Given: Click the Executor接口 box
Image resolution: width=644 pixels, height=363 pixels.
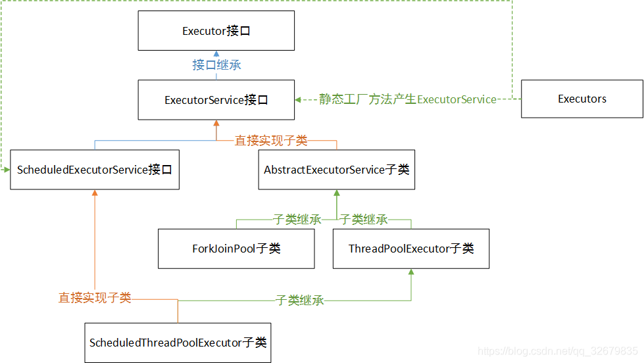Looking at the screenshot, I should point(216,31).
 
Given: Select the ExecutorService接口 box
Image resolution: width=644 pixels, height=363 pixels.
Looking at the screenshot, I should point(216,100).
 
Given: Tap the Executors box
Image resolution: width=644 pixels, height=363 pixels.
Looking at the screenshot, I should point(582,99).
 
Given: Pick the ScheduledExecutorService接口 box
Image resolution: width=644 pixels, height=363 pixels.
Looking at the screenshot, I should point(95,170).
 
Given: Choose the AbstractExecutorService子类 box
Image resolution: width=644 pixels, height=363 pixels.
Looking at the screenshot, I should point(336,170).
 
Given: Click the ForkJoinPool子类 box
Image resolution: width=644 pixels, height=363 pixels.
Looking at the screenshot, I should point(236,249).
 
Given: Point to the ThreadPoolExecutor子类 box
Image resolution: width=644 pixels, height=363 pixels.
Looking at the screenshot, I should point(410,249).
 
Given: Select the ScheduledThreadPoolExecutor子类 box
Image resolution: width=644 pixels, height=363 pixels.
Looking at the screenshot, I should point(178,343).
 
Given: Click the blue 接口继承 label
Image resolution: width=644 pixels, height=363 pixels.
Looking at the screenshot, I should point(216,64).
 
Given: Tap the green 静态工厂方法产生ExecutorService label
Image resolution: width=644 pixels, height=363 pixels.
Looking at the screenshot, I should point(407,99).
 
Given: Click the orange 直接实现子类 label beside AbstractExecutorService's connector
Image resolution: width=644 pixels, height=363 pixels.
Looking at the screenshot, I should point(271,140).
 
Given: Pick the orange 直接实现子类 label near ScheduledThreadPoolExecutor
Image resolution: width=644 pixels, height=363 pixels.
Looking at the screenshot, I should point(95,298).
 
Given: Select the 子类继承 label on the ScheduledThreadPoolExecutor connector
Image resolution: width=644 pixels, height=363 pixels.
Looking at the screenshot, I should point(299,301).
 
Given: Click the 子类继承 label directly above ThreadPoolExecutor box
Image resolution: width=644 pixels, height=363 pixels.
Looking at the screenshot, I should point(364,220).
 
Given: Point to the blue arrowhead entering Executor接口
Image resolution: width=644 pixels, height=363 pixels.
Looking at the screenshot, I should point(216,54).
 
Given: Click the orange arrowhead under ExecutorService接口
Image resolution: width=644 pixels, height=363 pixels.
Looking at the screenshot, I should point(216,123).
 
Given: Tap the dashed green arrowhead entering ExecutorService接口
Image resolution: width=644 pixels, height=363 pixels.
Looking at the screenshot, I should point(298,99).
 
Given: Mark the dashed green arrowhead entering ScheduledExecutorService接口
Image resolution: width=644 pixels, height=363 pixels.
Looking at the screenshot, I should point(7,170).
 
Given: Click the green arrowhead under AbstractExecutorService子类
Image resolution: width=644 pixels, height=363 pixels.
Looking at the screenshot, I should point(336,193).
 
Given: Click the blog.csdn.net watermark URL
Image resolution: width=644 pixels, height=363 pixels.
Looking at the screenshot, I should point(558,352).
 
